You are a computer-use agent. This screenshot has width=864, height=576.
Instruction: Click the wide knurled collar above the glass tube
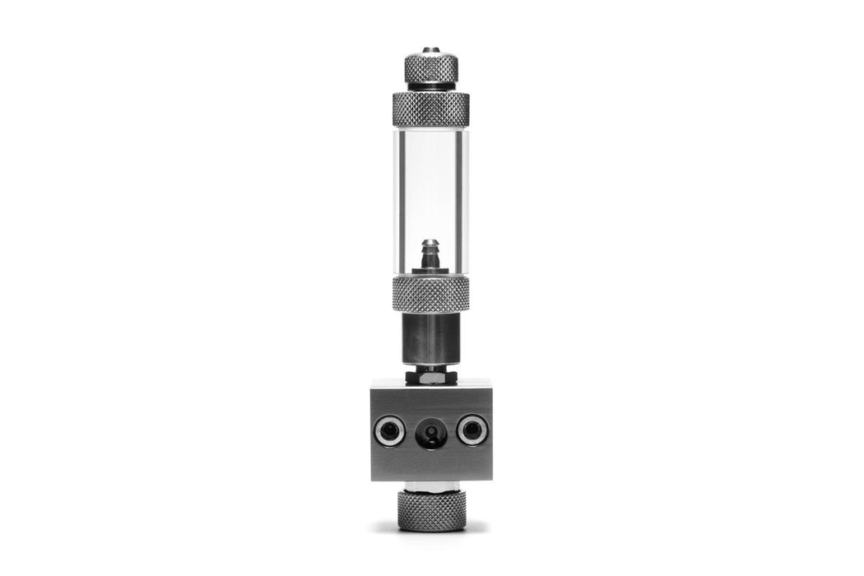tap(430, 109)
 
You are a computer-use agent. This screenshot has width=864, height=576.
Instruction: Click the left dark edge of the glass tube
tap(397, 197)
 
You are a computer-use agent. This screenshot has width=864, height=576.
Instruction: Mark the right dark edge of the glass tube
tap(465, 197)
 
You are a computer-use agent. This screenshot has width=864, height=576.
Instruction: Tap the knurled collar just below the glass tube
tap(430, 293)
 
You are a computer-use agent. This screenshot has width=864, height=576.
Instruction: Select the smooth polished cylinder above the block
tap(430, 337)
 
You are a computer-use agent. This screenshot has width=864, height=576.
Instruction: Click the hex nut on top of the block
tap(430, 375)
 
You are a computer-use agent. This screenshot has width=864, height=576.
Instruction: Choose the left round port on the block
tap(389, 430)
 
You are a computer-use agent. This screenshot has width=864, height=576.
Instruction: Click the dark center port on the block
tap(430, 431)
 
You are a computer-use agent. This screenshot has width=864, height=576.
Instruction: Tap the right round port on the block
tap(472, 430)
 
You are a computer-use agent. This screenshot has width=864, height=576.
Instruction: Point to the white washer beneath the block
tap(430, 485)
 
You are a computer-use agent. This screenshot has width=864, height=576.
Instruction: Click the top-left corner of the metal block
tap(373, 382)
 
